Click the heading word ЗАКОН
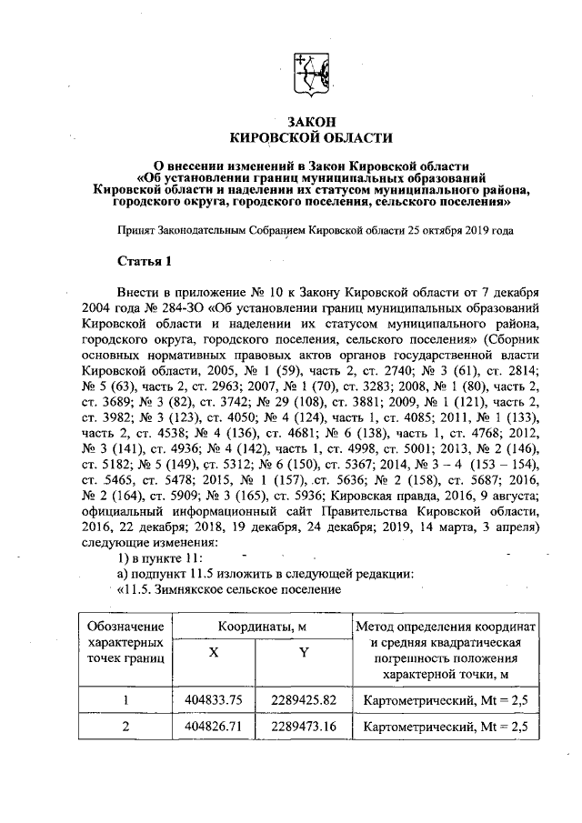pyautogui.click(x=311, y=121)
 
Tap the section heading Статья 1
pyautogui.click(x=145, y=263)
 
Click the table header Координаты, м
pyautogui.click(x=258, y=627)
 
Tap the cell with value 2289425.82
pyautogui.click(x=304, y=699)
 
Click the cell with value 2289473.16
pyautogui.click(x=304, y=728)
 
